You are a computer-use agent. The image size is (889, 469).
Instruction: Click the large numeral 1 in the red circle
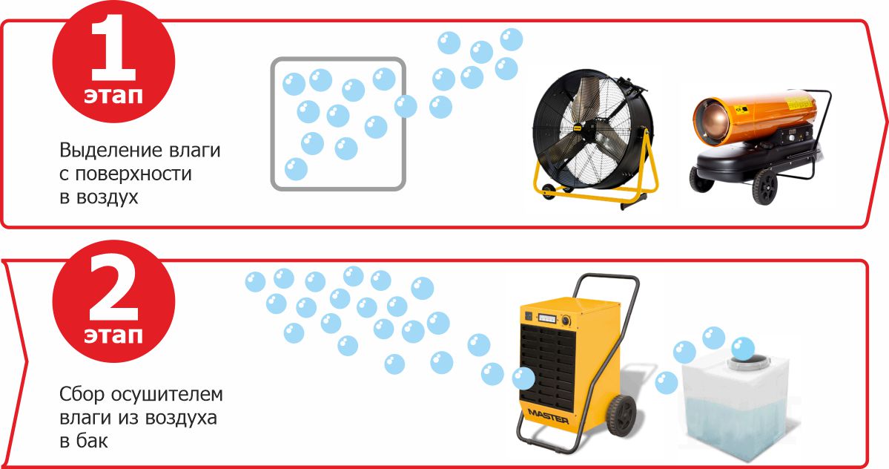113,48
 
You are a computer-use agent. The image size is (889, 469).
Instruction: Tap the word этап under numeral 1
113,95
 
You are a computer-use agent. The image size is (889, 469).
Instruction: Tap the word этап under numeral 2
113,335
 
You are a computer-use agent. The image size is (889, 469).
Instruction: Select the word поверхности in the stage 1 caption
133,174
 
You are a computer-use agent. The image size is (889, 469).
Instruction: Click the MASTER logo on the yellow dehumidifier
548,416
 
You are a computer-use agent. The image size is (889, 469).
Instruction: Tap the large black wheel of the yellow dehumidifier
621,415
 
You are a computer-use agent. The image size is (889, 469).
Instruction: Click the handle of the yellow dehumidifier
607,283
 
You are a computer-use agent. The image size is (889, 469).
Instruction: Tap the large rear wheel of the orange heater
765,186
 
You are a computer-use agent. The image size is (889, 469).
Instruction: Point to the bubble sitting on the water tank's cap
743,348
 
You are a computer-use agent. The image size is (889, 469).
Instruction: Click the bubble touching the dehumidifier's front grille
523,378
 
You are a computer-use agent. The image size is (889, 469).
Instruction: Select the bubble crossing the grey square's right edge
406,106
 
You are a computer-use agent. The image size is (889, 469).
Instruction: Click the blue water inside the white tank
737,421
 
